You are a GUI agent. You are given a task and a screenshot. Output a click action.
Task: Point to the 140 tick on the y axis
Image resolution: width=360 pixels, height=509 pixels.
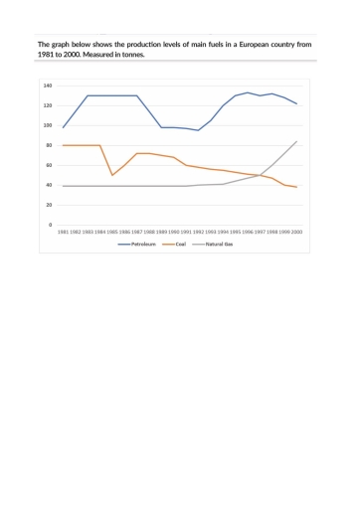(48, 85)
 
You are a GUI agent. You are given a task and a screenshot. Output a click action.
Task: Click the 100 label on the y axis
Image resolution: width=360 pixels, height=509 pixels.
(48, 125)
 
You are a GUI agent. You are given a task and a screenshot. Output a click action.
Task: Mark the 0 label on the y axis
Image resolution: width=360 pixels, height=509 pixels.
(51, 225)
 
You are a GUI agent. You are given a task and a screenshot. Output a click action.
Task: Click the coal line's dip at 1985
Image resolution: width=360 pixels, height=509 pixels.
(112, 175)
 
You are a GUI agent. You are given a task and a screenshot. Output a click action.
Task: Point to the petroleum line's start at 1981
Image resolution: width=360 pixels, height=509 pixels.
(64, 127)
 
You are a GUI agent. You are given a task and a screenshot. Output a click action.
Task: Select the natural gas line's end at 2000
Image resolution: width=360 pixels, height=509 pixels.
(296, 141)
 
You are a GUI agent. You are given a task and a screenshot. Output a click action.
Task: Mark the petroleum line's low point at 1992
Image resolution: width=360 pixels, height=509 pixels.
(198, 130)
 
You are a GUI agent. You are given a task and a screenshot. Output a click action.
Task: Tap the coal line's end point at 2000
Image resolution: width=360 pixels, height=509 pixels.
(296, 187)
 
